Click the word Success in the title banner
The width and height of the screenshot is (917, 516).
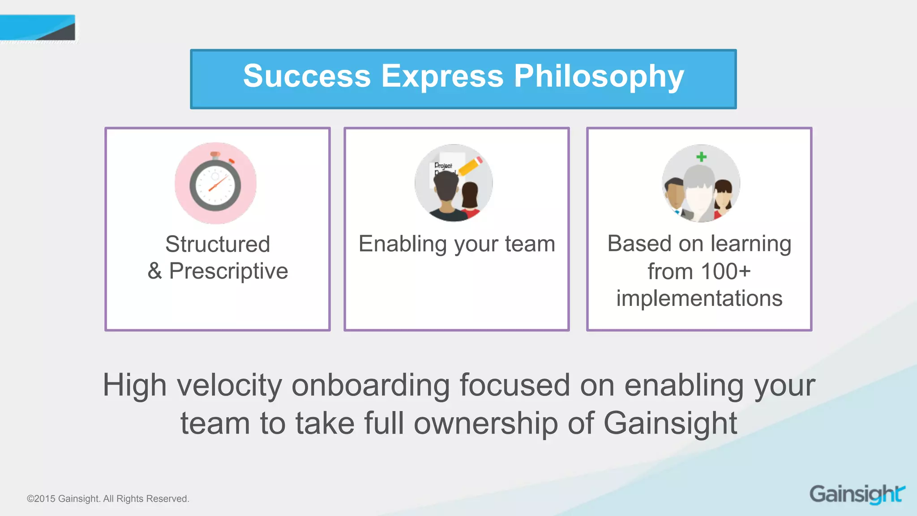click(307, 76)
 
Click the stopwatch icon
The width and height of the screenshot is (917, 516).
click(215, 184)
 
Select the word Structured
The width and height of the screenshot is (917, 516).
click(218, 245)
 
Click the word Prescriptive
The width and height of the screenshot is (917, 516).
click(228, 271)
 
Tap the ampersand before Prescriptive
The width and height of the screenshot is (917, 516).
click(154, 271)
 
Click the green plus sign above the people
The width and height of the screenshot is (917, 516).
click(702, 157)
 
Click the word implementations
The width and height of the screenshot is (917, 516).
click(699, 299)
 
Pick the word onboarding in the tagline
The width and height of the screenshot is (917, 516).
click(370, 385)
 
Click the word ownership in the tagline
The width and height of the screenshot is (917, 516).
click(485, 424)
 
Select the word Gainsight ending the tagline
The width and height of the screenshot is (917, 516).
click(670, 424)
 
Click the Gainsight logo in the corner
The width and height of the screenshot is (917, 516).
click(857, 494)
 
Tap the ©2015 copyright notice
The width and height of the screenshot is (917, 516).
click(108, 499)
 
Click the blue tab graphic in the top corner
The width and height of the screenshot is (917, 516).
click(38, 28)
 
